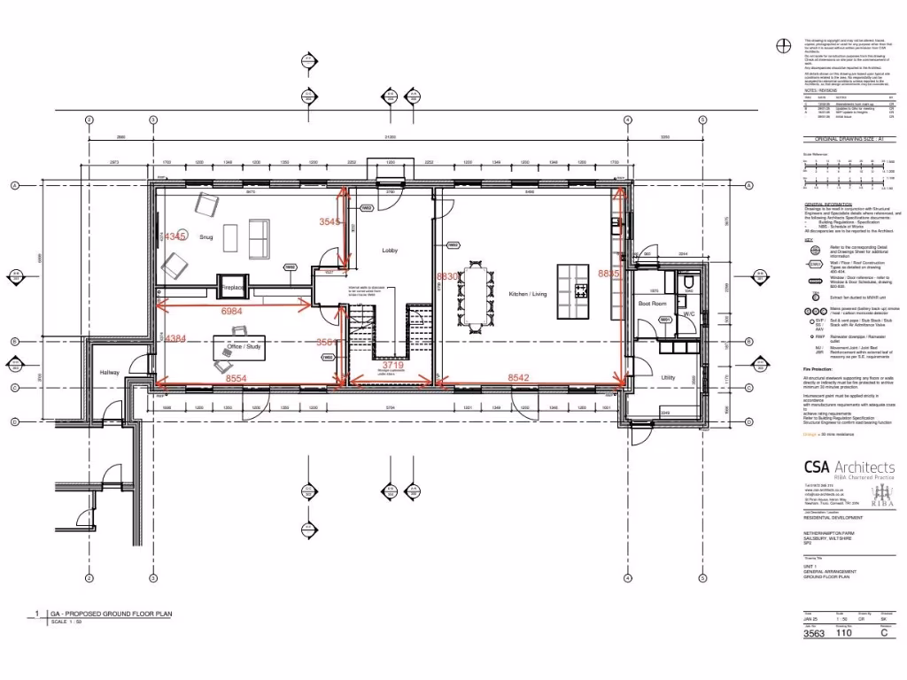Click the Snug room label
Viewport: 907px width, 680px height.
pos(205,236)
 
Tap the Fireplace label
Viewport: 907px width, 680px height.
pos(233,288)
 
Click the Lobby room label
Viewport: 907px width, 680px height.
pos(390,251)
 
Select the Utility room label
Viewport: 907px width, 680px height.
pos(668,377)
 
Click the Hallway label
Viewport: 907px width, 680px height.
pos(109,372)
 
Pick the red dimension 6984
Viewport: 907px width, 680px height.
pos(231,312)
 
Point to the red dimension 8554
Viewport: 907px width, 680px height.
pos(236,378)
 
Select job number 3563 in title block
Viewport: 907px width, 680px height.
pos(813,633)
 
